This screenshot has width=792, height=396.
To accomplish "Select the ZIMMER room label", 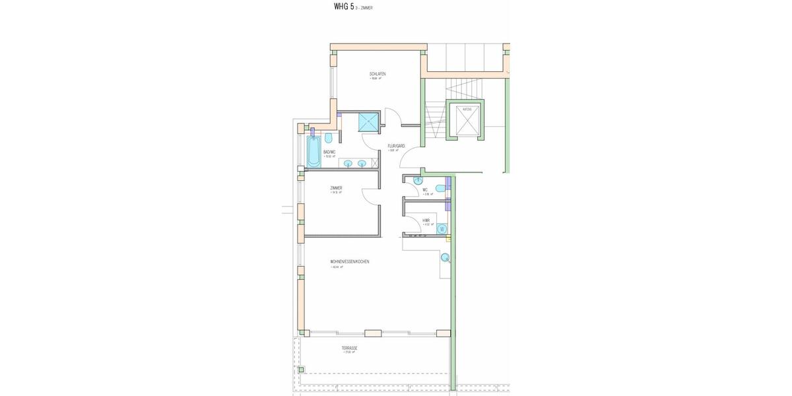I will point(336,188).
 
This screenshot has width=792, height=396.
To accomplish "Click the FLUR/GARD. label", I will point(396,146).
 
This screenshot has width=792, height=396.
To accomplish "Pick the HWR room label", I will point(426,220).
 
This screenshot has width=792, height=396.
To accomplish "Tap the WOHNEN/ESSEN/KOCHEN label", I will point(350,261).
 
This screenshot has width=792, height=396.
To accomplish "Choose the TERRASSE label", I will point(349,347).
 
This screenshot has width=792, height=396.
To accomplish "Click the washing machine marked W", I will point(442,229).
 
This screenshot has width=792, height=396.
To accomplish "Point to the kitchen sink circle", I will point(445,257).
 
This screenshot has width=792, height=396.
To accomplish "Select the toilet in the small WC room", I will point(440,189).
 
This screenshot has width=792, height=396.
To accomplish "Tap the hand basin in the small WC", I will point(418,180).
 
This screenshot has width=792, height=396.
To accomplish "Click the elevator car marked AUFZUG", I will point(466,120).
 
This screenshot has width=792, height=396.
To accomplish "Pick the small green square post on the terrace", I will point(301,370).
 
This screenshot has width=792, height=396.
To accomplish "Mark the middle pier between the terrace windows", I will point(373,333).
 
